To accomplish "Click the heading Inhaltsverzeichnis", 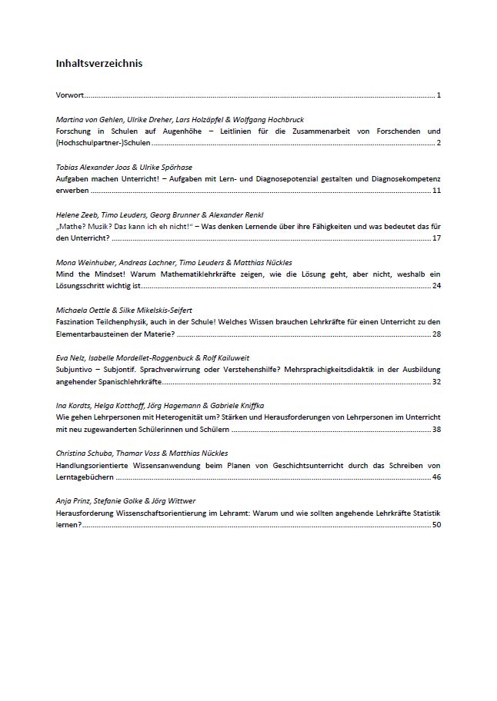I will coord(99,64).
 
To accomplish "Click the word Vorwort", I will coord(70,95).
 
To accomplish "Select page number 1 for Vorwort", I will coord(439,95).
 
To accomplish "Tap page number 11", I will coord(436,190).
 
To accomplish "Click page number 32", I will coord(436,381).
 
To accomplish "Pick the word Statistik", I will coord(424,513).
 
